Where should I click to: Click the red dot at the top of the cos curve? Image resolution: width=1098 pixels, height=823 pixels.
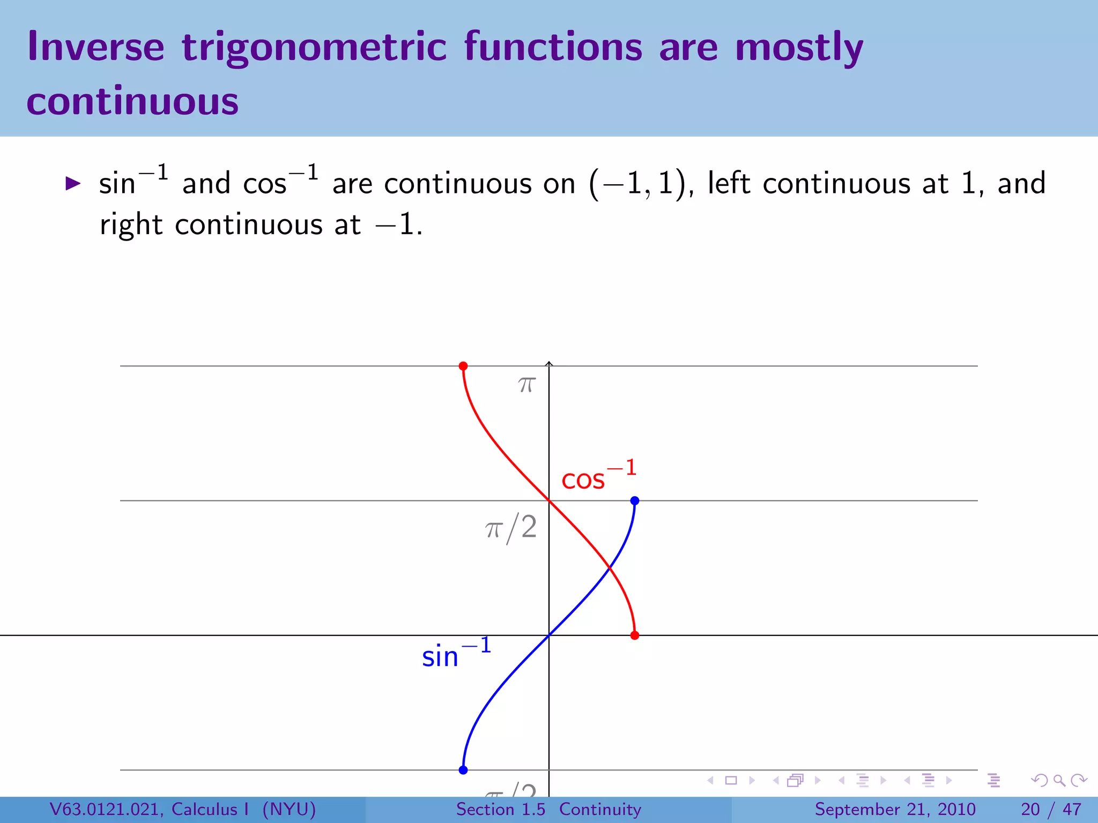pyautogui.click(x=463, y=366)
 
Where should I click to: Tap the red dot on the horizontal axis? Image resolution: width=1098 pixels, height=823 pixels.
pyautogui.click(x=635, y=635)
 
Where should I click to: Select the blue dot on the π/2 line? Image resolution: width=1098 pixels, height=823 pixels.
pyautogui.click(x=635, y=500)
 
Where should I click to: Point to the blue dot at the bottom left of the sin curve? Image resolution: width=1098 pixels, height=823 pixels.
pyautogui.click(x=463, y=770)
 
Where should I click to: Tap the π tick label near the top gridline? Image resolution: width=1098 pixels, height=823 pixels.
pyautogui.click(x=527, y=384)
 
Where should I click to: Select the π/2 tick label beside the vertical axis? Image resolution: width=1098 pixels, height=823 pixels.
pyautogui.click(x=511, y=528)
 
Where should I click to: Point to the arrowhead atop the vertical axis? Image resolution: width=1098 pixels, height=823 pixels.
pyautogui.click(x=549, y=364)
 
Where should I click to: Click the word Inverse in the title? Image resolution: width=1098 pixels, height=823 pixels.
pyautogui.click(x=95, y=47)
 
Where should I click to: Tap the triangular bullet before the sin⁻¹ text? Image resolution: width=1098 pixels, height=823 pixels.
pyautogui.click(x=72, y=184)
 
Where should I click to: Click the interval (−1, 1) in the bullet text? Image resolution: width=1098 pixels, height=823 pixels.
pyautogui.click(x=637, y=184)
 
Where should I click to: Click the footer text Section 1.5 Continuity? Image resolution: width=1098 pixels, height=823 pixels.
pyautogui.click(x=548, y=809)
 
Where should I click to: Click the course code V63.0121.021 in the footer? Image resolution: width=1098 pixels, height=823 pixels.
pyautogui.click(x=107, y=809)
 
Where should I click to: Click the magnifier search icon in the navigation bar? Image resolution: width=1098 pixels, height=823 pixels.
pyautogui.click(x=1059, y=781)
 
